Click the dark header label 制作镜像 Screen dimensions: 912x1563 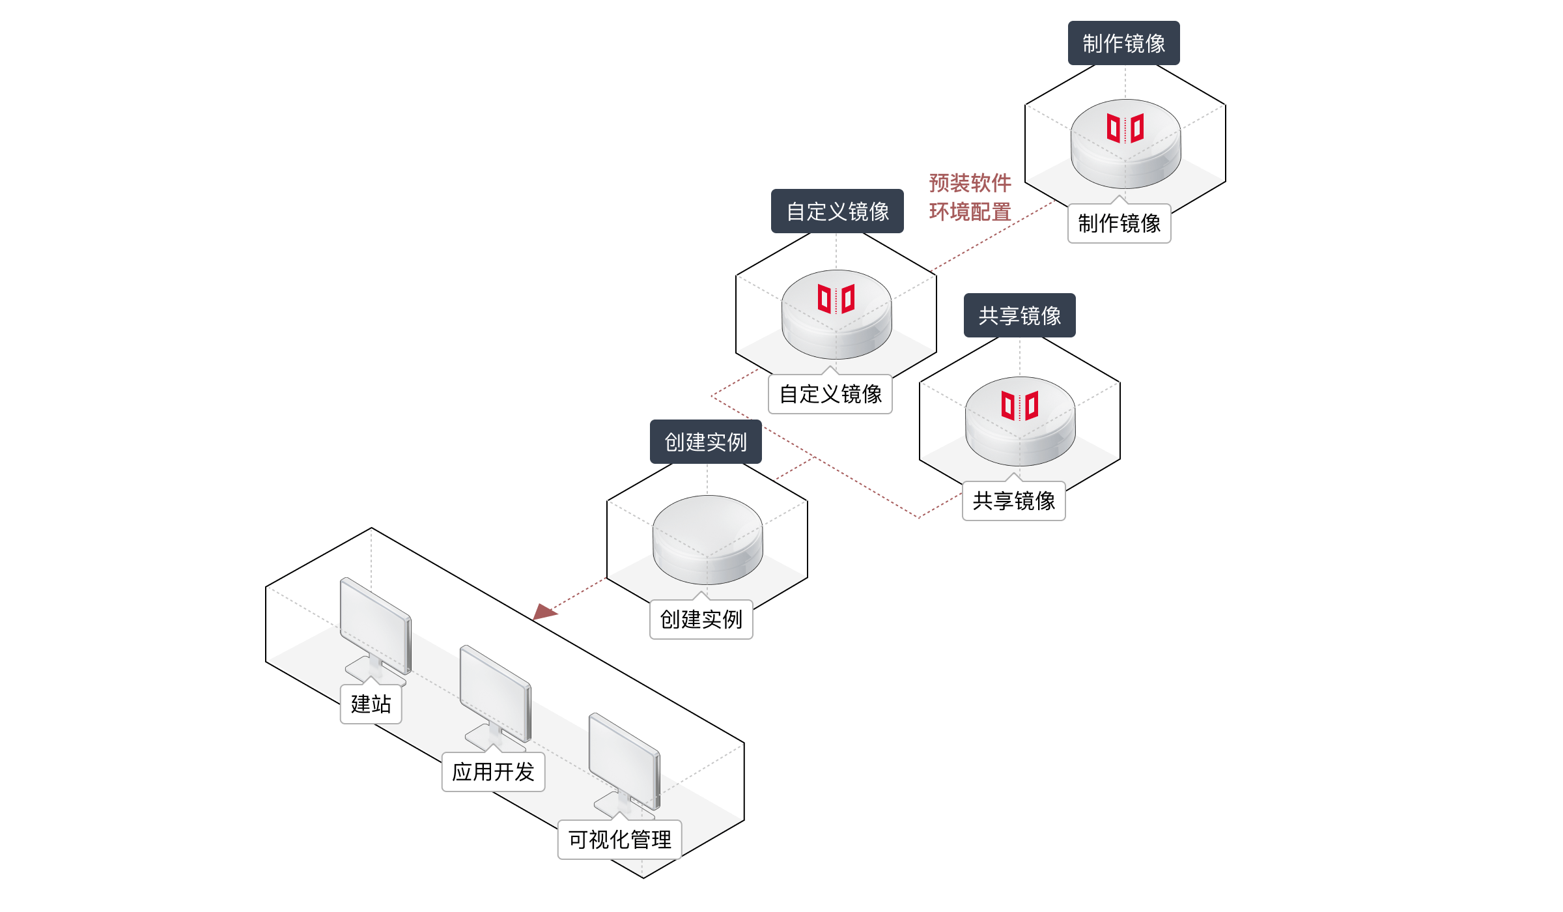[1123, 43]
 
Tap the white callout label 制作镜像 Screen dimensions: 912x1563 [1119, 223]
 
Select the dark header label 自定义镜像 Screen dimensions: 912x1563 [837, 211]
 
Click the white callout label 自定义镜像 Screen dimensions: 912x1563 [830, 394]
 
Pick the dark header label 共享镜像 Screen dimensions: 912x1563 [1019, 315]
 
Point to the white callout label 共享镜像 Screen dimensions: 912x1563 [1013, 500]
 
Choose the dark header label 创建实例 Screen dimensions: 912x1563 [705, 442]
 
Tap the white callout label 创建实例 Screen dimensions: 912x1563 [701, 619]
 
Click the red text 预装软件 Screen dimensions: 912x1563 [970, 183]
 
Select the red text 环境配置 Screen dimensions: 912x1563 [970, 212]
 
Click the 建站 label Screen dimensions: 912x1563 [371, 704]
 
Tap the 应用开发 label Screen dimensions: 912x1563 [493, 772]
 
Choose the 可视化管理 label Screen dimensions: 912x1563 [619, 840]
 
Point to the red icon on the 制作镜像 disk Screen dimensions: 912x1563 [1125, 128]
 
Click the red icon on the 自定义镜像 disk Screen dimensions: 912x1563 [836, 299]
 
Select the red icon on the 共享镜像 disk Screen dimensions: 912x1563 [1020, 406]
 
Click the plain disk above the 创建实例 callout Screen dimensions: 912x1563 [707, 537]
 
